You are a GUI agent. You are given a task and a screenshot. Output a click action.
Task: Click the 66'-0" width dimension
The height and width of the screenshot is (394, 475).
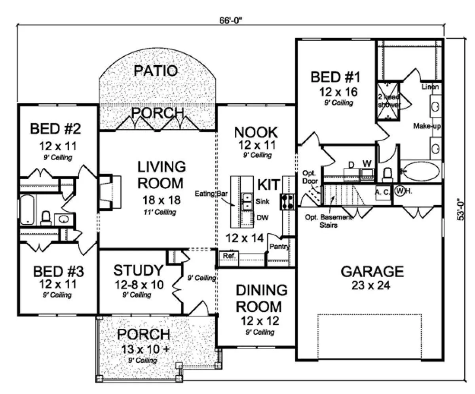click(230, 21)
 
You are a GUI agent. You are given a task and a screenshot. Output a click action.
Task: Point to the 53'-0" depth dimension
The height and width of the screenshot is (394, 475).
click(460, 209)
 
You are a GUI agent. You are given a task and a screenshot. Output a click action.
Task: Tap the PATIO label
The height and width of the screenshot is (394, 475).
click(156, 71)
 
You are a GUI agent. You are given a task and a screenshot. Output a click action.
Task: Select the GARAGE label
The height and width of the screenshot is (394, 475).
click(372, 271)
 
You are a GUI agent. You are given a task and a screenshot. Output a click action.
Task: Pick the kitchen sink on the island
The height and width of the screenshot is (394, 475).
click(247, 201)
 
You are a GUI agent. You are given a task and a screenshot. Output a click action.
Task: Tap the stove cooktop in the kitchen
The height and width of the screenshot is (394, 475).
click(287, 201)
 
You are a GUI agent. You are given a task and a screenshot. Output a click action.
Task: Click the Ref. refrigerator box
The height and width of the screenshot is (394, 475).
click(228, 258)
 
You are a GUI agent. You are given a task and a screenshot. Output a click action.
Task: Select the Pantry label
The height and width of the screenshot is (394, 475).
click(279, 246)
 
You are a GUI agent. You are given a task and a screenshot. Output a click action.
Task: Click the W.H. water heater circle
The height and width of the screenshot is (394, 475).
click(399, 191)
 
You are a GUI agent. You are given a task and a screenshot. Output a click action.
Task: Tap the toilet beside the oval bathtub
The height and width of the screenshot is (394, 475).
click(387, 175)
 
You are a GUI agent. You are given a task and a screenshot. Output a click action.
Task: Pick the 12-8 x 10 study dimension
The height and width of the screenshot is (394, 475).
click(139, 285)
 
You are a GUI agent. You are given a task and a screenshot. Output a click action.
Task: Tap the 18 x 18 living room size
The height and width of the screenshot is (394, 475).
click(161, 200)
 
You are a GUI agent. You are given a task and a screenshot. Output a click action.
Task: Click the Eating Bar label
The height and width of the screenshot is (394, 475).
click(211, 194)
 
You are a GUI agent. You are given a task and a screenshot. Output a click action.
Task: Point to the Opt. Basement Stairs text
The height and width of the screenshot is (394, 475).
click(329, 221)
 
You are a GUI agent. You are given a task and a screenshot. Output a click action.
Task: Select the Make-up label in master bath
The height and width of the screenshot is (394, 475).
click(427, 126)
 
